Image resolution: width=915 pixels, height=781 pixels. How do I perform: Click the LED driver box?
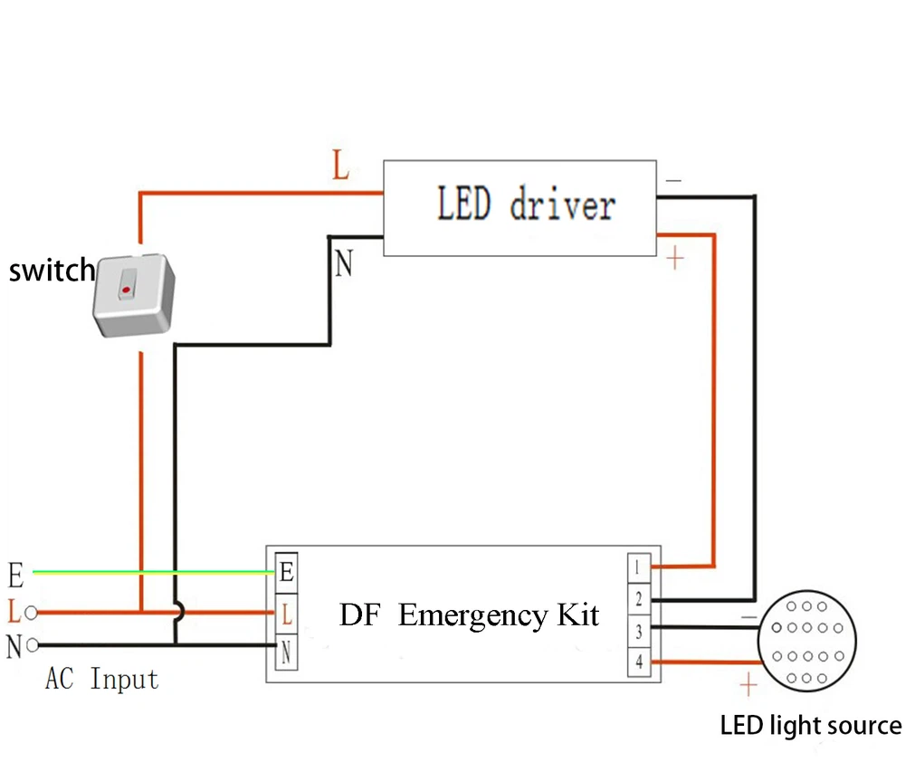[520, 207]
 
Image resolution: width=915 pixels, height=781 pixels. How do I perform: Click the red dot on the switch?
[126, 290]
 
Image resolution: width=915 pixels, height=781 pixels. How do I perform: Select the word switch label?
[51, 270]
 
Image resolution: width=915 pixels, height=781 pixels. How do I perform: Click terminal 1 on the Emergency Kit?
[637, 567]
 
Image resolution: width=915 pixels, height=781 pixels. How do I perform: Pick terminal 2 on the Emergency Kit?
[637, 599]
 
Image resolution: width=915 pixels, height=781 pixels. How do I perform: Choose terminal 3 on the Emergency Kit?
[637, 631]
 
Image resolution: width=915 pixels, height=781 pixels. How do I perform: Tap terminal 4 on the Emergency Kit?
[637, 662]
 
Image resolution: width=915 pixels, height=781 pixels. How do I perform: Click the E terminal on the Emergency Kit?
[286, 572]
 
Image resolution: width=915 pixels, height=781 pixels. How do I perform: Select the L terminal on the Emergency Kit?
[286, 615]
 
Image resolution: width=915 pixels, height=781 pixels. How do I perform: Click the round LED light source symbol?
[806, 640]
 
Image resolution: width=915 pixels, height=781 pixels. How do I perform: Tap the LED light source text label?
[810, 726]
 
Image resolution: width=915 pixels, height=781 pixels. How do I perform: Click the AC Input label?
[101, 680]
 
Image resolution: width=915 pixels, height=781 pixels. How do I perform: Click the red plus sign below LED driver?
[674, 260]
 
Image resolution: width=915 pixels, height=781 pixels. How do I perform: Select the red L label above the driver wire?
[339, 166]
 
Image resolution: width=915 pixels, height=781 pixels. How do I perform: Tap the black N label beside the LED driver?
[343, 265]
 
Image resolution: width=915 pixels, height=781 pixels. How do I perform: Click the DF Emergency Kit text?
[469, 616]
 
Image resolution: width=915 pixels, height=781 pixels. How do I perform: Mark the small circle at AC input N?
[33, 645]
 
